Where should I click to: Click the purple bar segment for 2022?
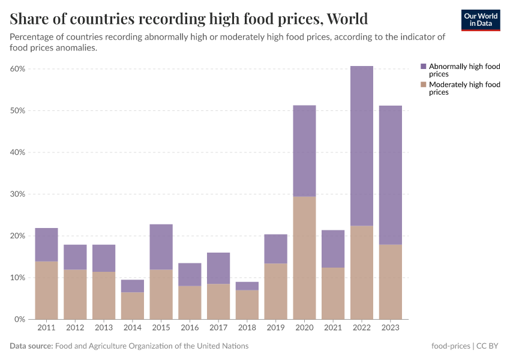pos(361,146)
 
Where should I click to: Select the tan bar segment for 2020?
pos(304,258)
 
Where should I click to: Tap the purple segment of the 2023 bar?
pos(390,175)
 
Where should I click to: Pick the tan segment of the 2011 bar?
pos(47,290)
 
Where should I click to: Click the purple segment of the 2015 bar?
pos(161,247)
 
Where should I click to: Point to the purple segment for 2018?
pos(247,286)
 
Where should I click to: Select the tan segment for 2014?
pos(133,306)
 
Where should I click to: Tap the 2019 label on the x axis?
pos(275,328)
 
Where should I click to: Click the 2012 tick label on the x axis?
pos(75,328)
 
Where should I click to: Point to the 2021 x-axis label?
pos(332,328)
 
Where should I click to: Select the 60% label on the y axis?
pos(18,69)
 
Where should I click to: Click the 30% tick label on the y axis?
pos(18,194)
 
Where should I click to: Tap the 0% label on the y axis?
pos(20,319)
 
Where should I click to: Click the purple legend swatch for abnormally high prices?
pos(424,67)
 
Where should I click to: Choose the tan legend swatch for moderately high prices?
pos(424,85)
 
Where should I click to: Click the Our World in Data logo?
pos(481,20)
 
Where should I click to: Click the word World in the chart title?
pos(347,19)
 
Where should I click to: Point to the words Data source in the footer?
pos(31,346)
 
